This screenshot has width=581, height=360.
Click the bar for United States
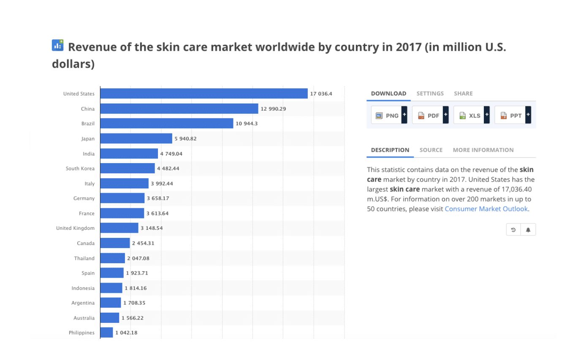pos(204,93)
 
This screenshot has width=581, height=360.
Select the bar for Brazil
pos(166,123)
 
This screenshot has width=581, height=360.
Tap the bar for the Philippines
pos(106,333)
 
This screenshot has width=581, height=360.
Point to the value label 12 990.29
pos(273,109)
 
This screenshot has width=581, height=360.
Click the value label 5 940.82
pos(185,139)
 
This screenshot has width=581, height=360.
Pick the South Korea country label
pos(80,169)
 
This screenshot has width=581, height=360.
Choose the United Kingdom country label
pos(75,228)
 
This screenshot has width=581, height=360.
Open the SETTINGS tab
pos(430,93)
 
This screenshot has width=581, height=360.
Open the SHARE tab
pos(463,93)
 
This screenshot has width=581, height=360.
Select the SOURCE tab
pos(431,150)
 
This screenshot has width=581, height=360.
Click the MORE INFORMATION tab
pos(483,150)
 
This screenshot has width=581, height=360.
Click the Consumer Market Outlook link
pos(486,209)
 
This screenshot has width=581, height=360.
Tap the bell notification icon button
pos(528,229)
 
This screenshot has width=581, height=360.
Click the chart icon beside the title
pos(57,45)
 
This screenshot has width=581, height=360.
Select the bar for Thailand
pos(112,258)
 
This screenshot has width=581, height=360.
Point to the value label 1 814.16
pos(136,288)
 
